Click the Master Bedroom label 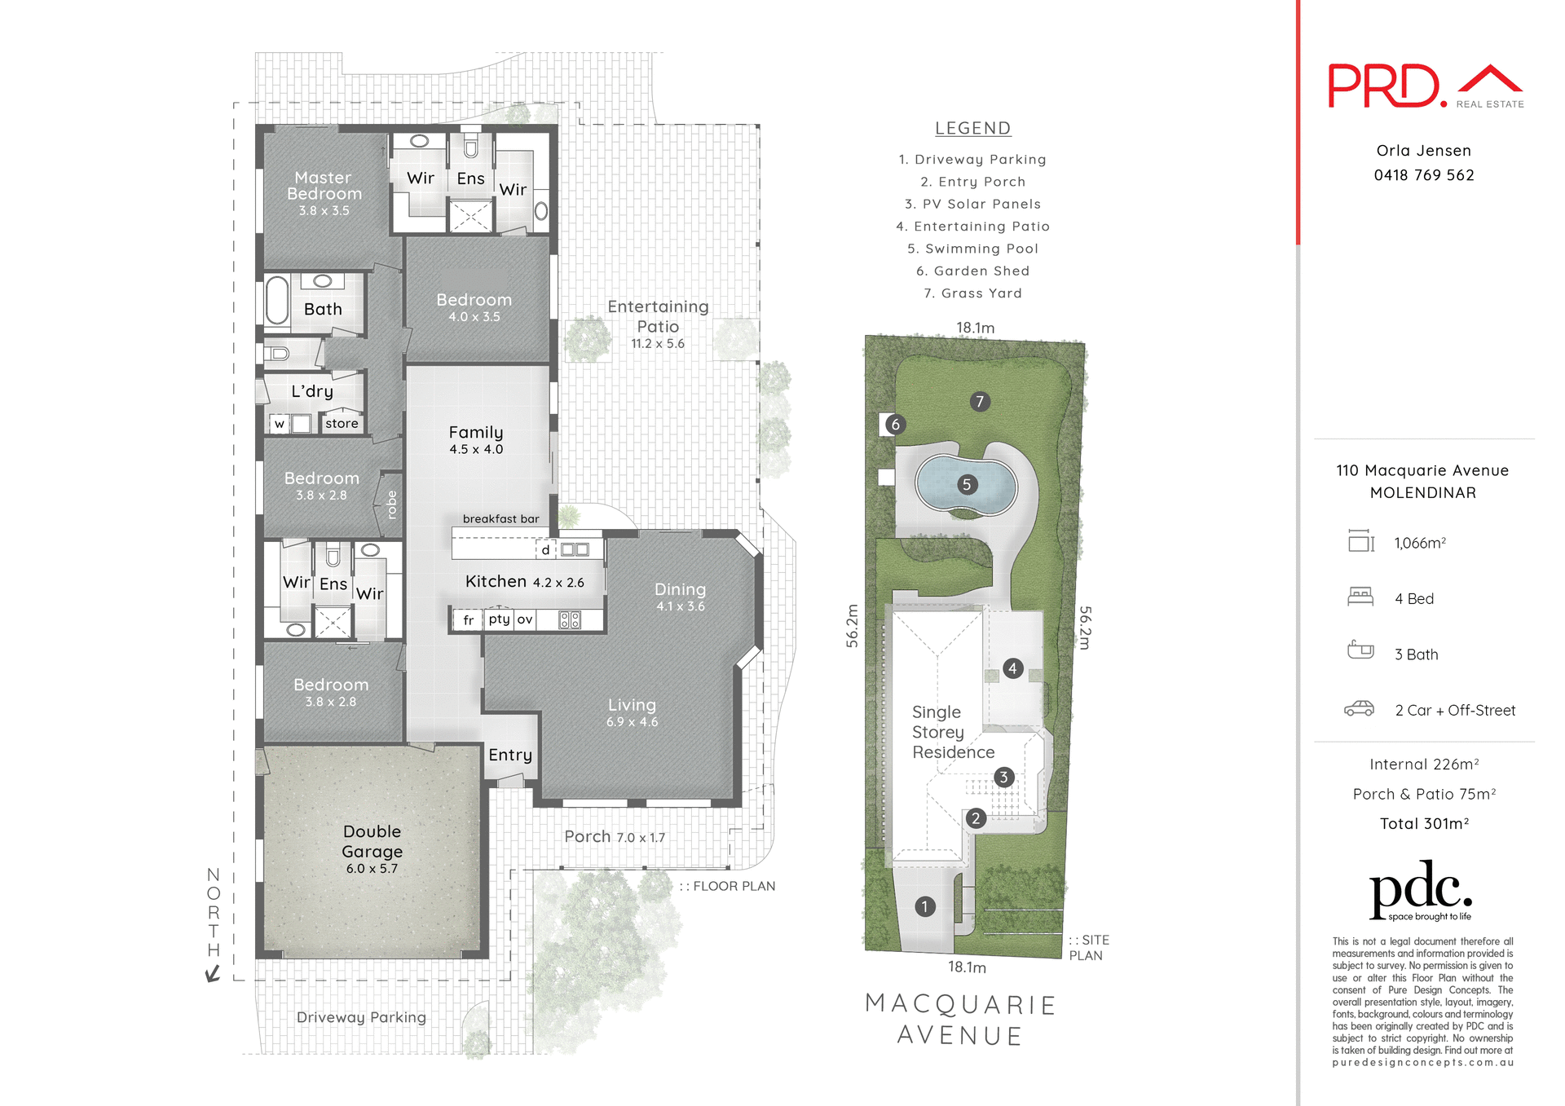coord(324,186)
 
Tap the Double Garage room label coord(372,841)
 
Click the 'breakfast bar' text coord(500,519)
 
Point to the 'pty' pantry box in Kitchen coord(499,619)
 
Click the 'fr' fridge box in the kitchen coord(469,620)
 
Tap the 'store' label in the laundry coord(342,424)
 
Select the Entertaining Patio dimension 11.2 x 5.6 coord(657,344)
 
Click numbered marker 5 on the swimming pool coord(967,485)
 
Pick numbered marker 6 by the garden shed coord(895,424)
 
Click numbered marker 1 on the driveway coord(925,906)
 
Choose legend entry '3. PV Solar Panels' coord(972,204)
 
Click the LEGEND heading coord(972,129)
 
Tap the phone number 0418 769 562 coord(1423,175)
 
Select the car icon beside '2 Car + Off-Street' coord(1359,709)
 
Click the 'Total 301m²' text coord(1423,824)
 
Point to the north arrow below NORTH coord(213,973)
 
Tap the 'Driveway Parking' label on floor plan coord(361,1017)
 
